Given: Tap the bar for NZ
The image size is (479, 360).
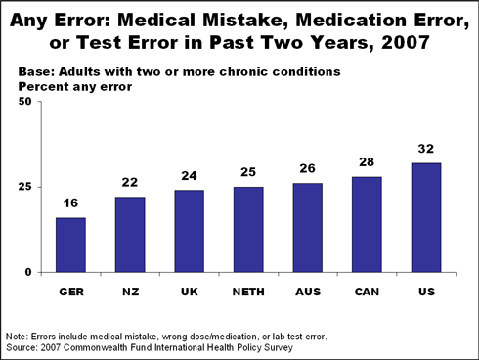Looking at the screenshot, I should pyautogui.click(x=129, y=234).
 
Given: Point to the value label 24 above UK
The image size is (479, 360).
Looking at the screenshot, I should pyautogui.click(x=189, y=178).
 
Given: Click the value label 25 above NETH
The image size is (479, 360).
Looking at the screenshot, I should pyautogui.click(x=247, y=174).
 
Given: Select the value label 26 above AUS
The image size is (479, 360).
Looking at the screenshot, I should pyautogui.click(x=307, y=171).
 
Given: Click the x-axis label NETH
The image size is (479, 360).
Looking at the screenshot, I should pyautogui.click(x=247, y=291).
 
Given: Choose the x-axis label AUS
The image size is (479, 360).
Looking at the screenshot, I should pyautogui.click(x=307, y=291).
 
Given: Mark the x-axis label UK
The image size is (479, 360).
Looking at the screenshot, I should pyautogui.click(x=189, y=291).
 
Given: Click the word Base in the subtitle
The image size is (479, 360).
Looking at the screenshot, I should pyautogui.click(x=35, y=71).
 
